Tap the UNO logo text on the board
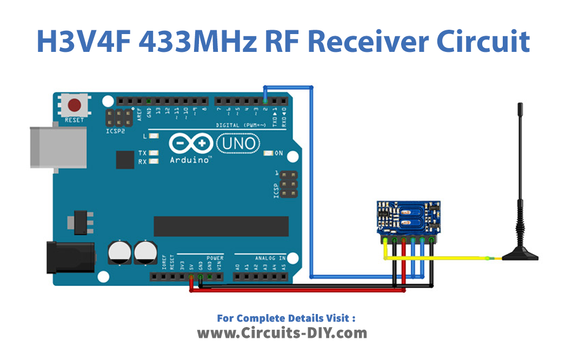[x=238, y=144]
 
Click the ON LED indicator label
[x=279, y=154]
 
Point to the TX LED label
[x=143, y=154]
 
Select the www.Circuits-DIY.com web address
[x=282, y=333]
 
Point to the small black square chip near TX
[x=124, y=159]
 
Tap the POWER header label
[x=215, y=258]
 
